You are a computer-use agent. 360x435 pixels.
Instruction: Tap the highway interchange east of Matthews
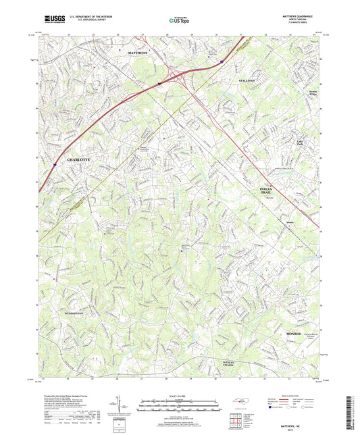pos(178,76)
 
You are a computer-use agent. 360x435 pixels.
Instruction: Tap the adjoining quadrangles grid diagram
pos(236,420)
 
